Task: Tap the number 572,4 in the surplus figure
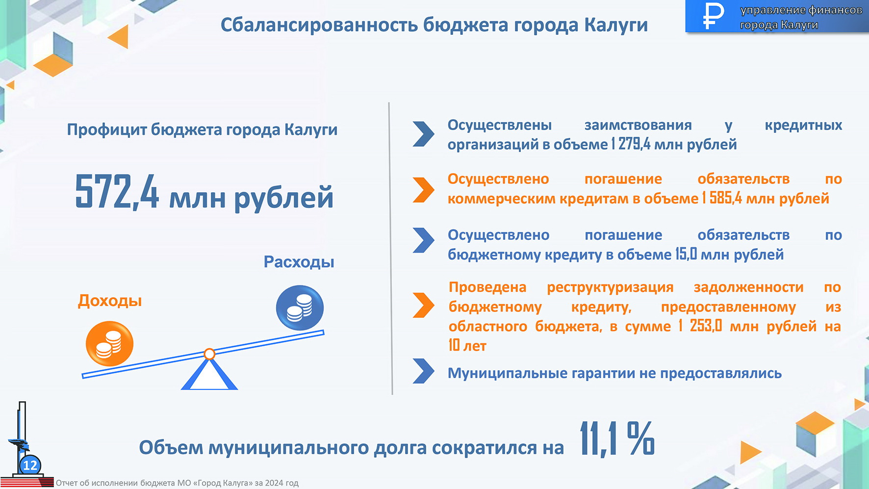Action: coord(117,192)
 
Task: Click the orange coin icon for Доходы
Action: coord(109,343)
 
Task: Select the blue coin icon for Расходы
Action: coord(300,308)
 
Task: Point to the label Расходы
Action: coord(299,262)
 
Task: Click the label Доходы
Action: coord(110,301)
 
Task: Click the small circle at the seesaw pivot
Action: coord(209,354)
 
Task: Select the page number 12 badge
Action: coord(30,465)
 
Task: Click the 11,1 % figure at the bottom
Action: coord(617,439)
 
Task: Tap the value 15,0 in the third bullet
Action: coord(686,254)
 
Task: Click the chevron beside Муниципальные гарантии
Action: coord(424,371)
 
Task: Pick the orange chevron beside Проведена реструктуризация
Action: coord(424,305)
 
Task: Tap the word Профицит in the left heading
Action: coord(107,130)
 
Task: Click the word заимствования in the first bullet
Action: coord(638,125)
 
